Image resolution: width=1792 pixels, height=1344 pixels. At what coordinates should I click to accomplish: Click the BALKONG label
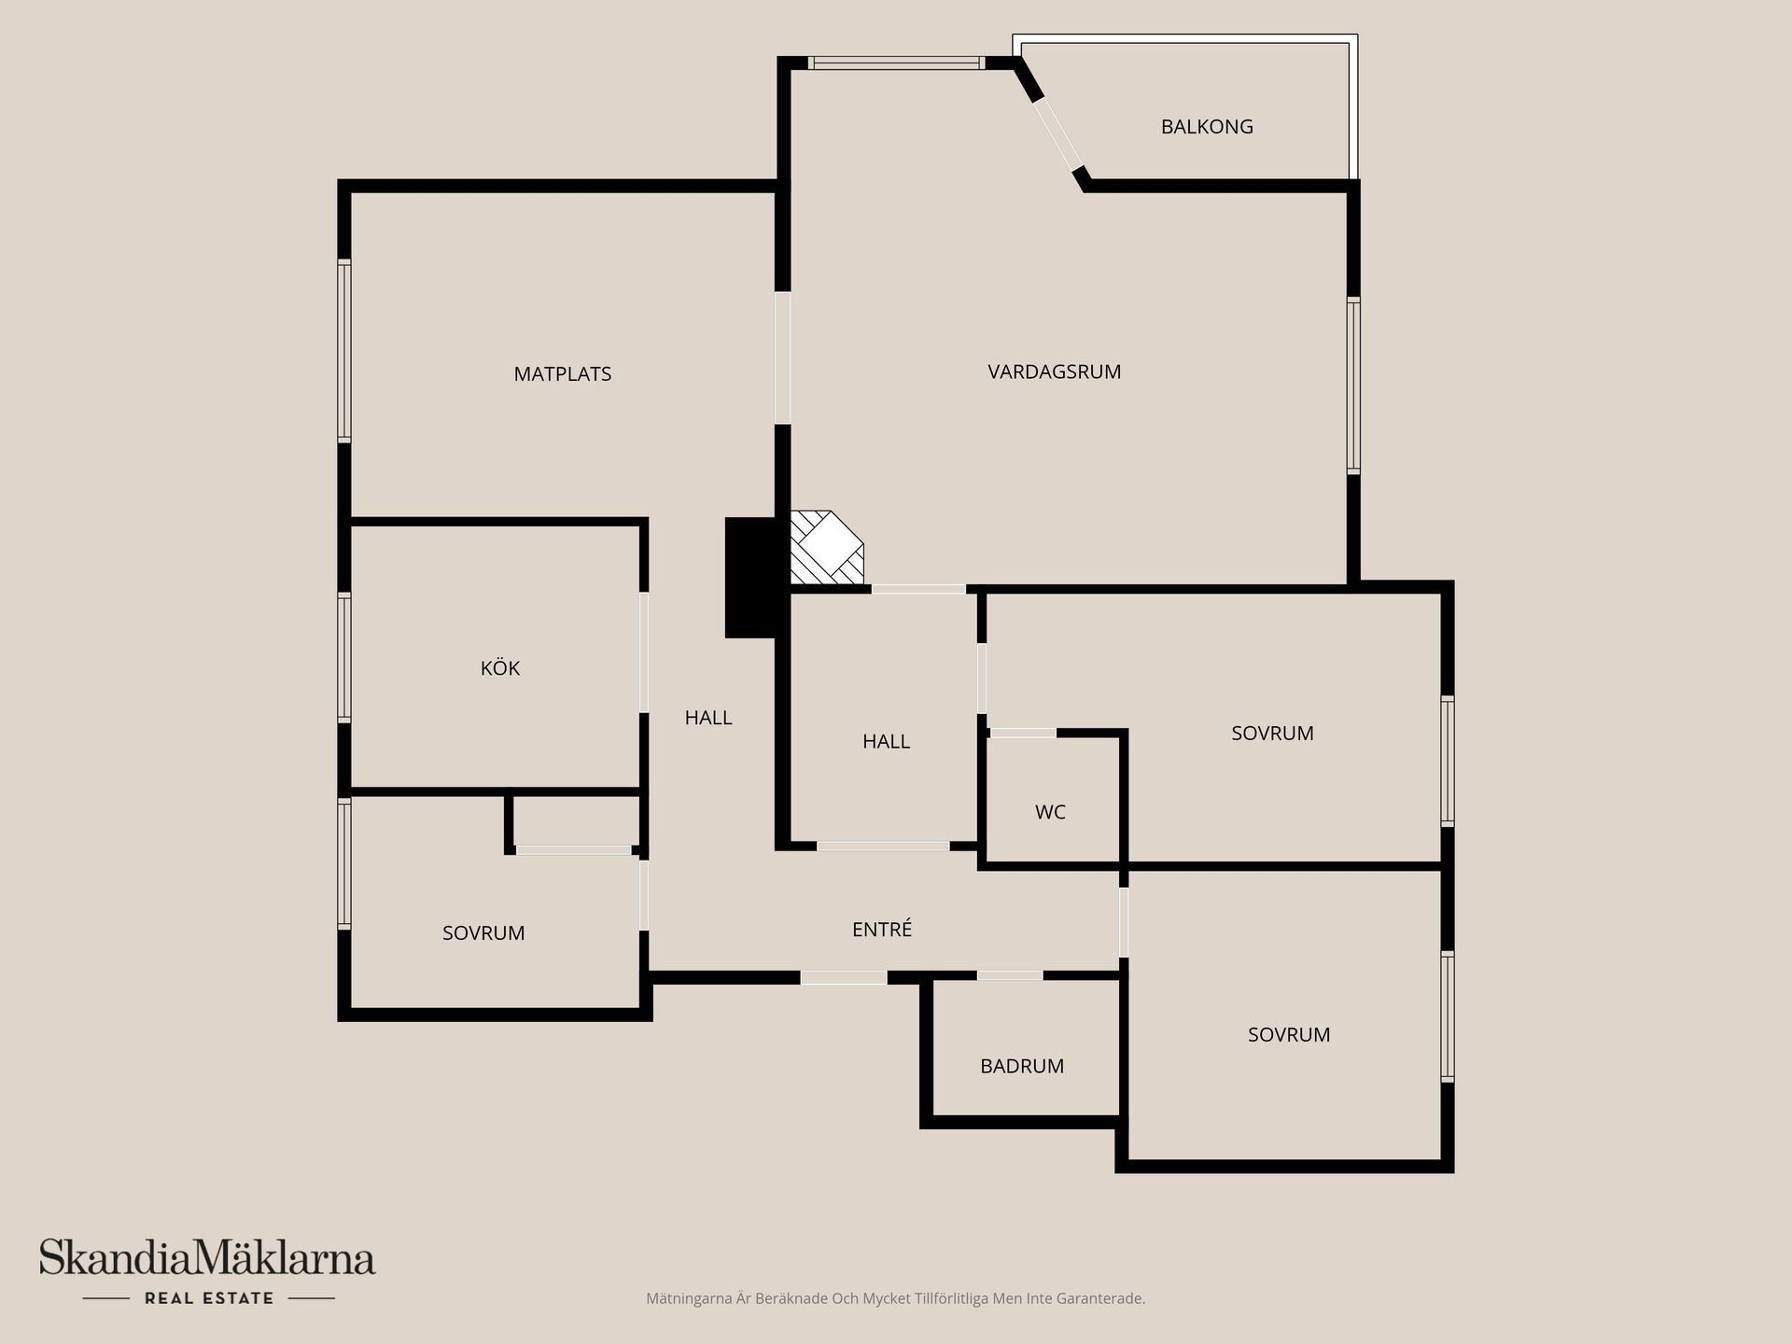click(1206, 127)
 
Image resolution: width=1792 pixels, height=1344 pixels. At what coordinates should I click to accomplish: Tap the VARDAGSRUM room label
click(1054, 371)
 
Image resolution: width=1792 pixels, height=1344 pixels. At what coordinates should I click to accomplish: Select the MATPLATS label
click(562, 374)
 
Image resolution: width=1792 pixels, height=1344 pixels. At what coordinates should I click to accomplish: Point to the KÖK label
click(499, 668)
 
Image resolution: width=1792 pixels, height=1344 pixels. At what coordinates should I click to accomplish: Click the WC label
click(1050, 812)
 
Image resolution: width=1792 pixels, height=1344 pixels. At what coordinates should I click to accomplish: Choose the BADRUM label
click(1021, 1066)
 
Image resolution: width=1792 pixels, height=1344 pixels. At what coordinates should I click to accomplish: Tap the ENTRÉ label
click(881, 930)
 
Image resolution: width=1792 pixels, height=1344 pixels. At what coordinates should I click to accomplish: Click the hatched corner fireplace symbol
click(825, 549)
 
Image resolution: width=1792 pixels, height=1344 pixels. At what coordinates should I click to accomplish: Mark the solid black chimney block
click(750, 578)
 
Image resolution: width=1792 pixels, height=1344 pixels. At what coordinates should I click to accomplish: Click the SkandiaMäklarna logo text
click(207, 1258)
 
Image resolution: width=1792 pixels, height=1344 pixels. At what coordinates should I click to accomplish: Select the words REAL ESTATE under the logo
click(209, 1298)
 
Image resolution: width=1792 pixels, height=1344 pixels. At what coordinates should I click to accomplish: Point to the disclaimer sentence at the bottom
click(895, 1298)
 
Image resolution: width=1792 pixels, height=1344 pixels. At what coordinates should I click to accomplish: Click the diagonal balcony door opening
click(1057, 134)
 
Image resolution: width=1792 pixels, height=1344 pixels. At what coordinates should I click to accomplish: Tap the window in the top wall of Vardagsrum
click(895, 63)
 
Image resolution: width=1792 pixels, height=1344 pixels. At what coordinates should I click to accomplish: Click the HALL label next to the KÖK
click(707, 718)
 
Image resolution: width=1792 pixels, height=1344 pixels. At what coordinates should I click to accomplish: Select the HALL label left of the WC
click(885, 742)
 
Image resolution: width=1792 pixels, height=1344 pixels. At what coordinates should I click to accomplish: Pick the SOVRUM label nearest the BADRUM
click(1288, 1034)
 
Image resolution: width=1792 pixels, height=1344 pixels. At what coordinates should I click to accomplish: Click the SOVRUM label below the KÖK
click(483, 933)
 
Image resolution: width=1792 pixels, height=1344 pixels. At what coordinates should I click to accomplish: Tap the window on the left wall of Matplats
click(344, 351)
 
